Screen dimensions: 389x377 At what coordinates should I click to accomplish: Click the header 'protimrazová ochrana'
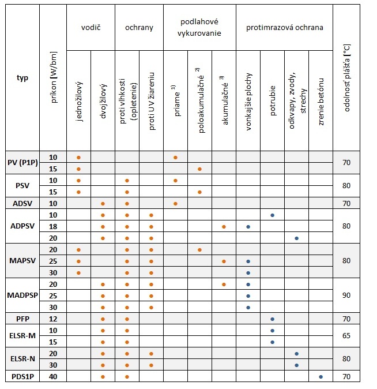click(284, 28)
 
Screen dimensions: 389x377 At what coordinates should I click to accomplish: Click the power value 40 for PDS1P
click(53, 377)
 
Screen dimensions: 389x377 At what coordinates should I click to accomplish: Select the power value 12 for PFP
click(53, 319)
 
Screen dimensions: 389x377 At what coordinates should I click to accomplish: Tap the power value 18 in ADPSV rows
click(53, 226)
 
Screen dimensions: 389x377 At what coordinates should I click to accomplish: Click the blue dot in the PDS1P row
click(321, 377)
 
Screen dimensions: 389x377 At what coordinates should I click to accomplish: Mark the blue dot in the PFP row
click(272, 319)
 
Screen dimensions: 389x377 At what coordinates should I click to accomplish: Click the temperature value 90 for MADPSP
click(346, 296)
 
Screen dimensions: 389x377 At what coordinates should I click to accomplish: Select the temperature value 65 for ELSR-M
click(346, 336)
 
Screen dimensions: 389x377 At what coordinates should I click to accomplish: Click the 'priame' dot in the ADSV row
click(175, 203)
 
